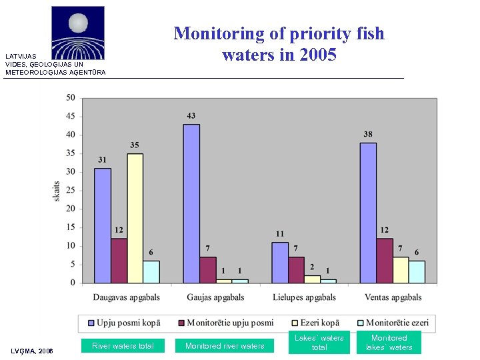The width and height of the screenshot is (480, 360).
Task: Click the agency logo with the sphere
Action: point(78,33)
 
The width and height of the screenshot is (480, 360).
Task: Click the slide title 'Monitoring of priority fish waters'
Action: point(279,44)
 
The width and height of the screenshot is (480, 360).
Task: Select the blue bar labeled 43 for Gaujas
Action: point(191,203)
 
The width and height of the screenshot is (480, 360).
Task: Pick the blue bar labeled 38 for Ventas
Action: point(367,213)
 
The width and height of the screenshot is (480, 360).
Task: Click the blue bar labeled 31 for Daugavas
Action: point(102,225)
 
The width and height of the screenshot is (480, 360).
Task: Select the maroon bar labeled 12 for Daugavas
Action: point(119,261)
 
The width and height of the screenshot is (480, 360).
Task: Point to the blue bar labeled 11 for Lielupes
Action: point(280,262)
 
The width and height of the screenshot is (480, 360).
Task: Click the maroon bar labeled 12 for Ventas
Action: point(384,261)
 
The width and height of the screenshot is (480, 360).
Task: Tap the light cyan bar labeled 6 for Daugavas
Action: point(151,271)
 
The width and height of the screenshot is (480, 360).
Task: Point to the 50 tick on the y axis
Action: point(70,98)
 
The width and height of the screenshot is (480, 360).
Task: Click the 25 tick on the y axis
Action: point(70,191)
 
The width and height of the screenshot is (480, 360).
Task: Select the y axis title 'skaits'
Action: point(57,191)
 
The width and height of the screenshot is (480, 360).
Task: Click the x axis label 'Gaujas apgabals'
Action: point(215,297)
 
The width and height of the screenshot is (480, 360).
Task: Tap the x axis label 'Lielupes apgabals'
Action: point(304,297)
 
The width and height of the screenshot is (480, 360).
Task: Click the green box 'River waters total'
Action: point(123,345)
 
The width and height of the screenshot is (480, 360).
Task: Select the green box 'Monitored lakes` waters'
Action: point(389,343)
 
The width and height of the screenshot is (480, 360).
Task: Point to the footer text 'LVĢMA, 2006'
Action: point(32,351)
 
